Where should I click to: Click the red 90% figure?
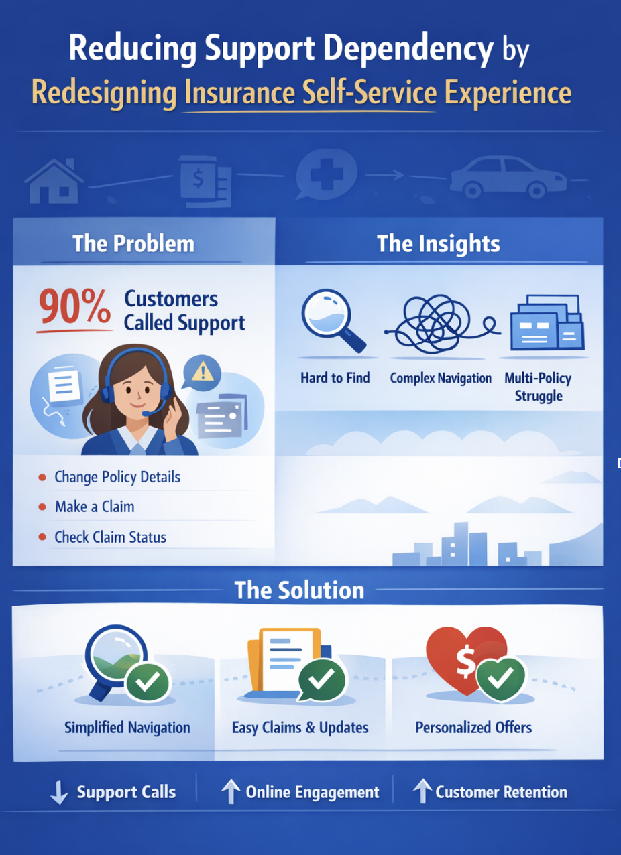(74, 308)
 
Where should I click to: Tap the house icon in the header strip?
(54, 180)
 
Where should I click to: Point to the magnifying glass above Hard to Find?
(327, 316)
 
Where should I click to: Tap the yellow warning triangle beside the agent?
(201, 369)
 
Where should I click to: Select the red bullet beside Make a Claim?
(42, 507)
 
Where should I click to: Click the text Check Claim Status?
(110, 537)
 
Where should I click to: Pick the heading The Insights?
(438, 243)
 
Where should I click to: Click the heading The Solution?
(299, 590)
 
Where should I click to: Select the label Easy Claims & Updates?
(300, 727)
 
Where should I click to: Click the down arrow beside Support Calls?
(59, 793)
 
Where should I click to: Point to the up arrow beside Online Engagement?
(230, 793)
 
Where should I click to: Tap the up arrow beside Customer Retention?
(421, 793)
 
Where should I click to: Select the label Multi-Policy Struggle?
(538, 387)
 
